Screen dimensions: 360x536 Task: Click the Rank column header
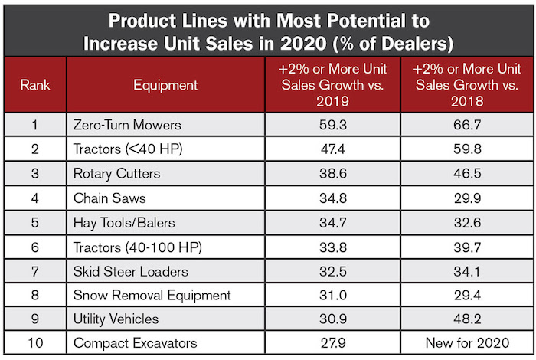pos(34,86)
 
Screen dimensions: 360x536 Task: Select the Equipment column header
pos(165,86)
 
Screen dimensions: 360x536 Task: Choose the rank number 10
pos(34,344)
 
